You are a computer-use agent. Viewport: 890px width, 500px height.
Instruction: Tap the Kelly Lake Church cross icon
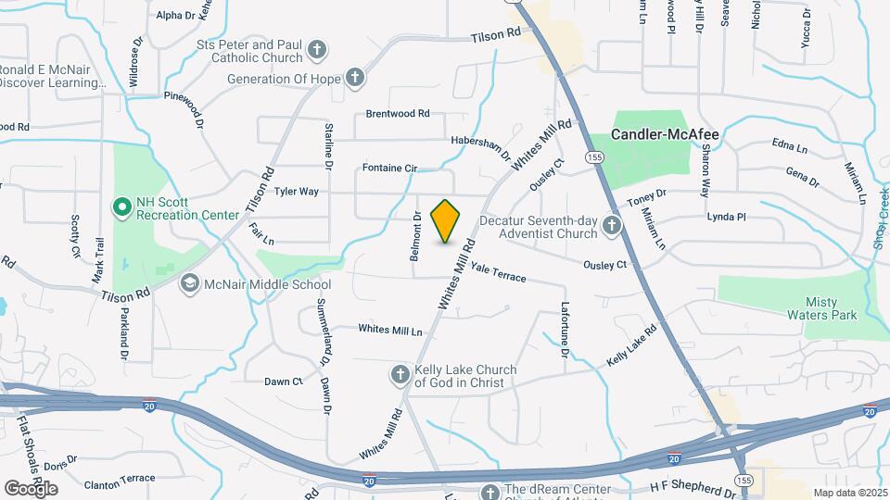400,374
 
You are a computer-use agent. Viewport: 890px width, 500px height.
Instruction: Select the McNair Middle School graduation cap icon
189,283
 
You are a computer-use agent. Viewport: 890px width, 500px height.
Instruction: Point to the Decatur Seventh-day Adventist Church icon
611,225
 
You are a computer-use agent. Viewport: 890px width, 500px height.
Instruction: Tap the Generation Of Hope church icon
355,79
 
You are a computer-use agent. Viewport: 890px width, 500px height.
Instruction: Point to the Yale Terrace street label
498,272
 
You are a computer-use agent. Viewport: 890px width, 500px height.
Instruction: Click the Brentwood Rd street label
398,114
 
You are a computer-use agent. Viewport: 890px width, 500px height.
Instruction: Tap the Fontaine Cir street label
391,168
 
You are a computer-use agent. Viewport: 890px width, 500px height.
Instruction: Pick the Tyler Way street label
297,192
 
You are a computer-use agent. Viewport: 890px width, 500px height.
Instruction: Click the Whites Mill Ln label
389,330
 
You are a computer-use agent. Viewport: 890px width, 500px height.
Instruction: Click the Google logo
32,488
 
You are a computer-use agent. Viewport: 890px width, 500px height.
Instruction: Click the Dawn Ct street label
284,381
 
